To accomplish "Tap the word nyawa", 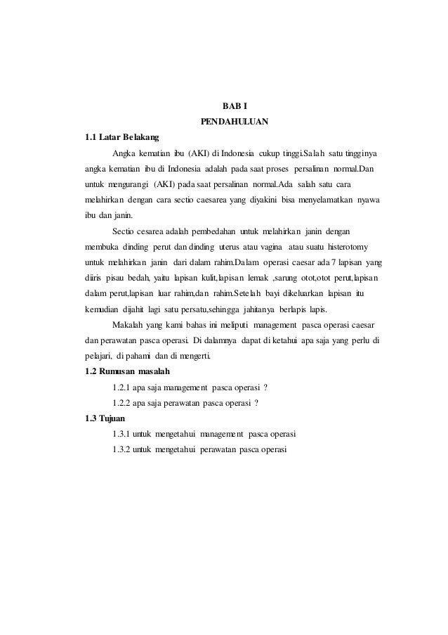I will [x=369, y=199].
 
